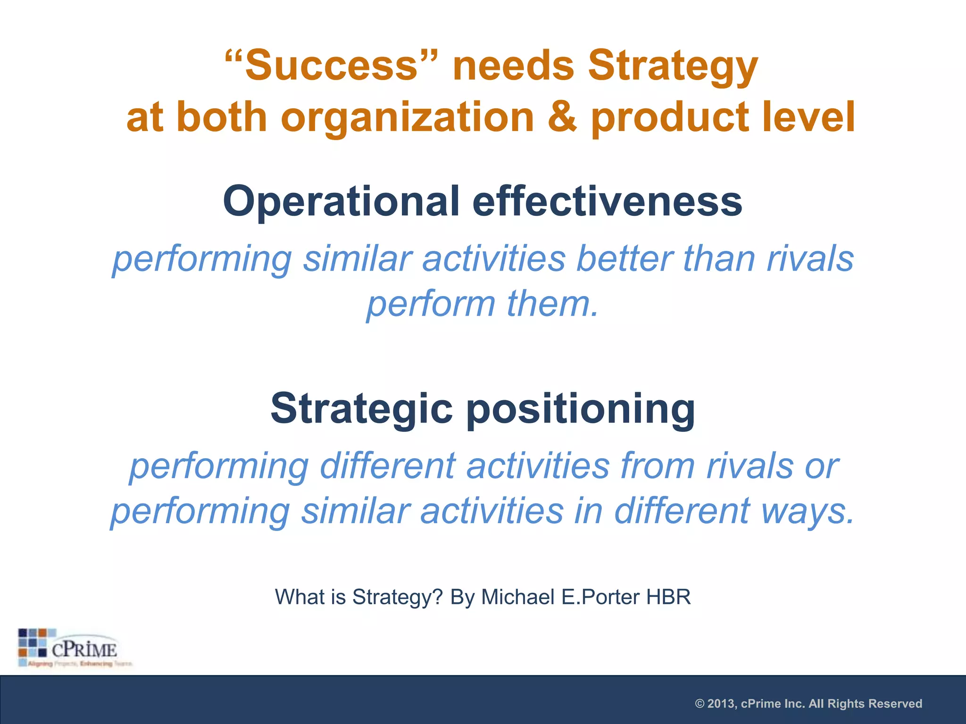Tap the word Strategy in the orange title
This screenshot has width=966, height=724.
tap(673, 67)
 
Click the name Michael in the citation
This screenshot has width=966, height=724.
tap(517, 597)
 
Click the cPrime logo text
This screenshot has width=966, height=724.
tap(84, 650)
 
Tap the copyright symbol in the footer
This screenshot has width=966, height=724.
tap(700, 704)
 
